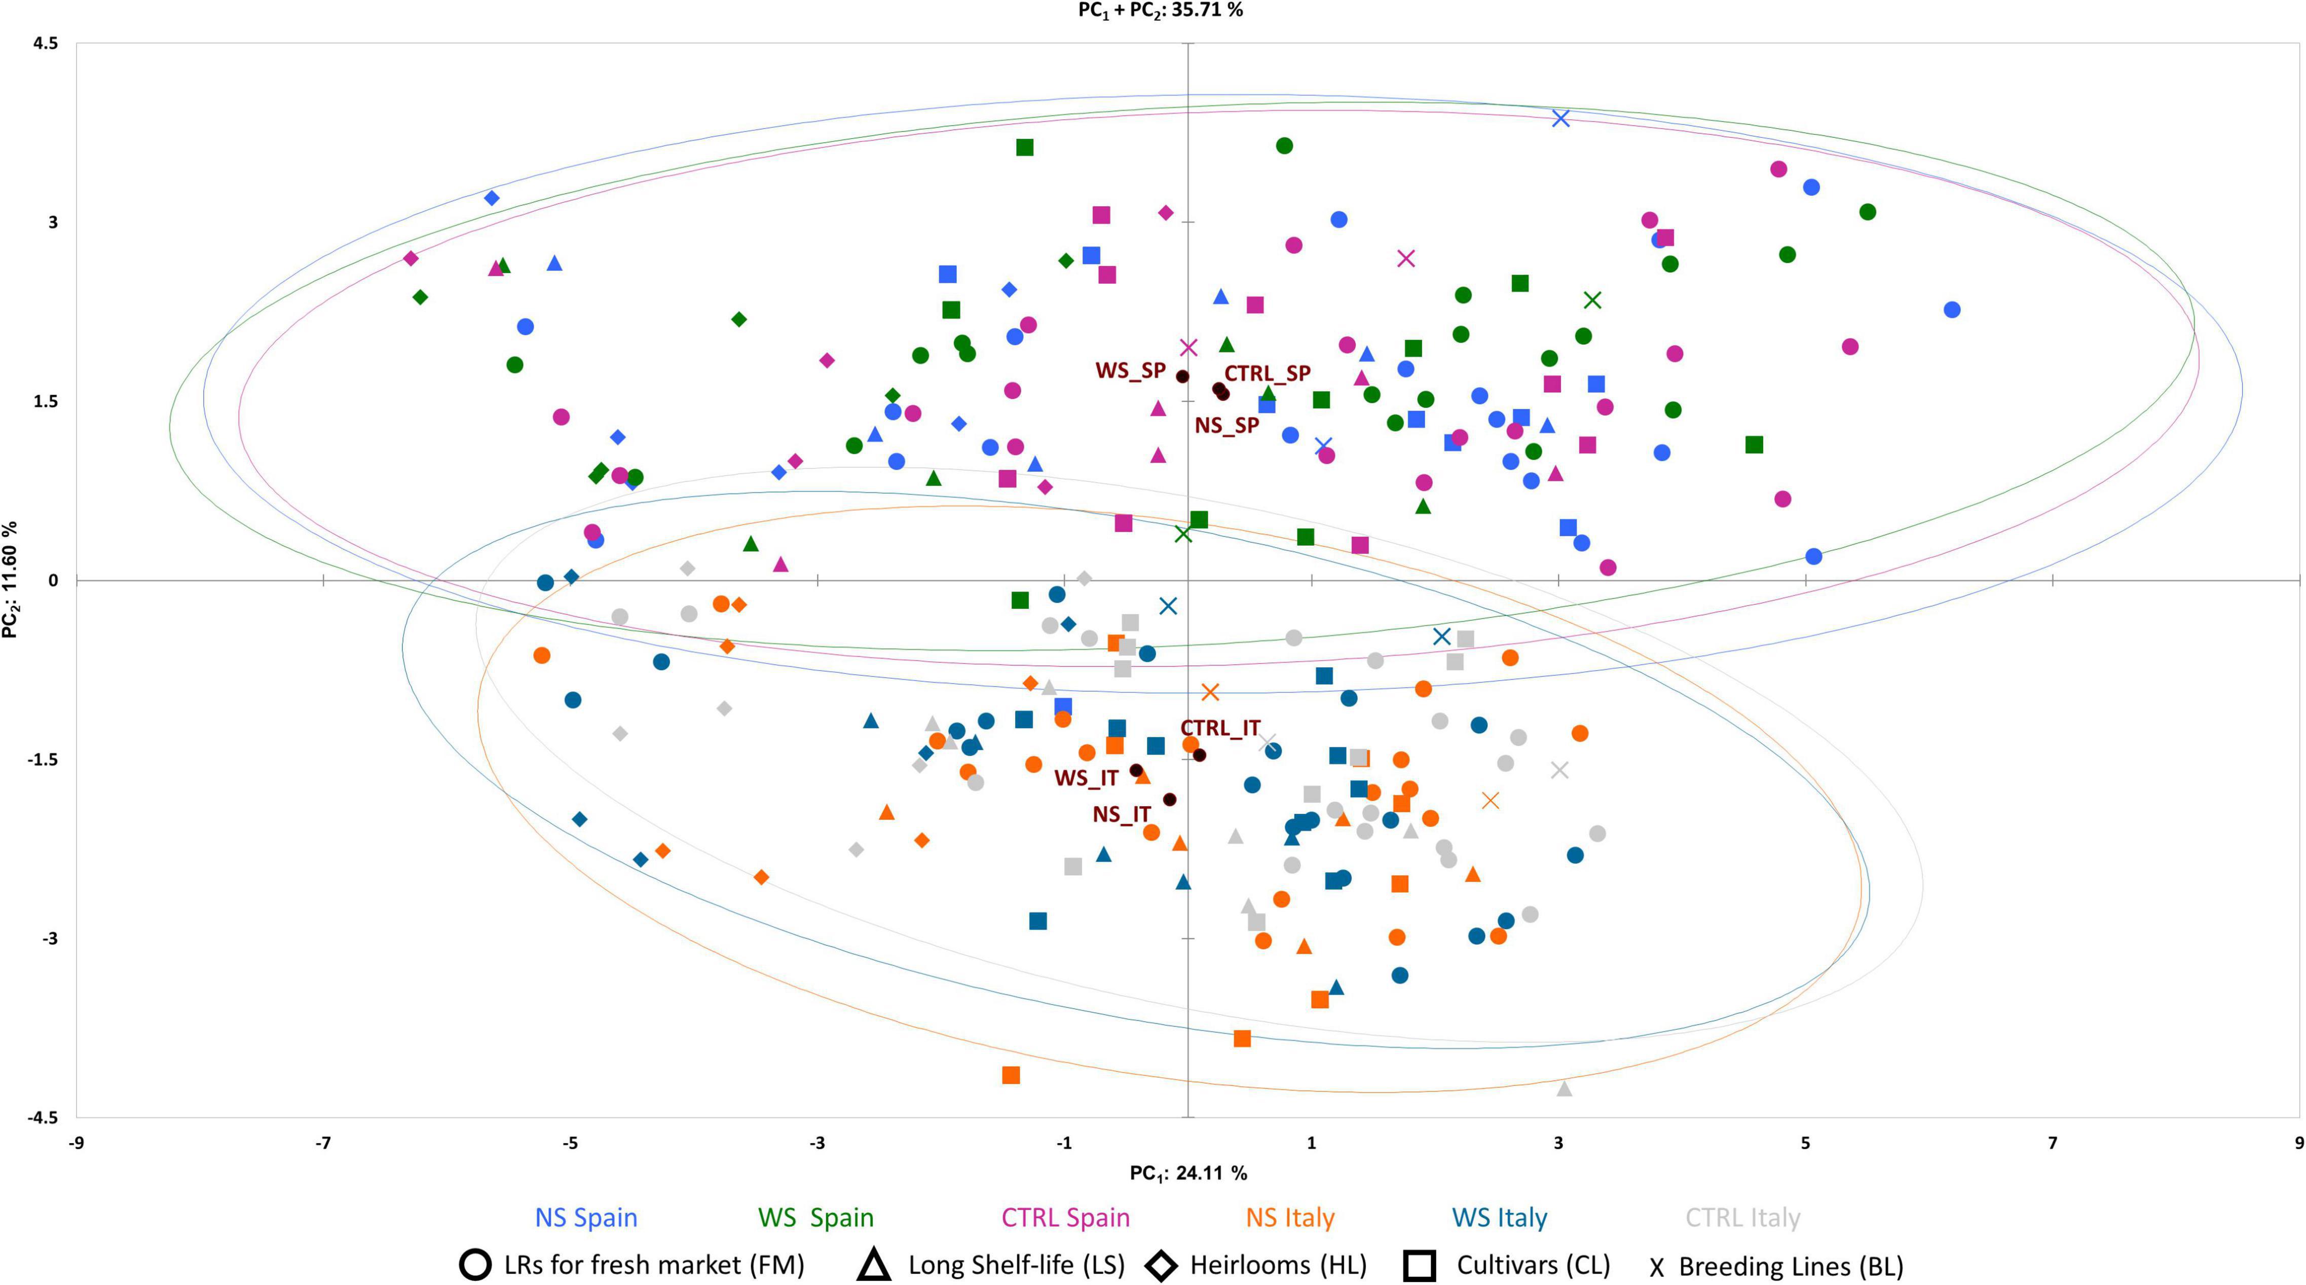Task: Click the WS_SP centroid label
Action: point(1130,370)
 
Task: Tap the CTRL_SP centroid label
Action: point(1267,373)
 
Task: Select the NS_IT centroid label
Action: point(1121,814)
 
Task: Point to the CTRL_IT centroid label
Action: point(1220,729)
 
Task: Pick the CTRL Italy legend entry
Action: point(1742,1218)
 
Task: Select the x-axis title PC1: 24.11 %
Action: point(1188,1173)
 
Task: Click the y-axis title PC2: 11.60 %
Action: point(11,580)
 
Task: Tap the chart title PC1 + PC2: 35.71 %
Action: point(1160,11)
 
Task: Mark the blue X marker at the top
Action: point(1561,118)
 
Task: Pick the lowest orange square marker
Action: point(1011,1075)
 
